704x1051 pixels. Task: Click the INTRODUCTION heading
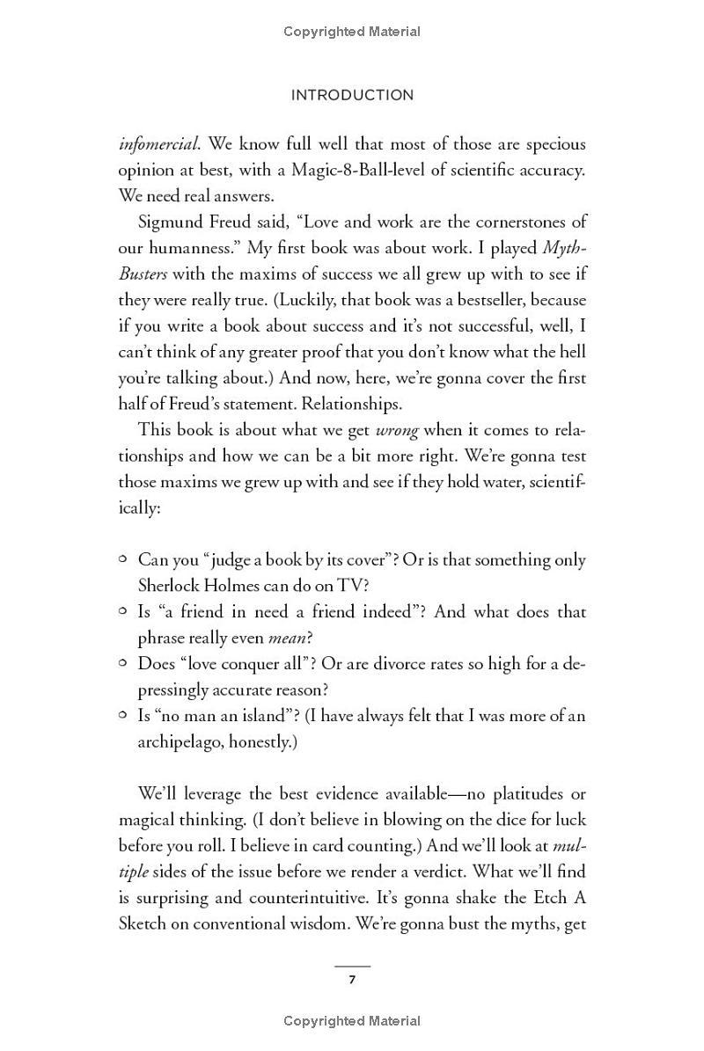pyautogui.click(x=352, y=95)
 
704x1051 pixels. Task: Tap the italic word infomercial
pyautogui.click(x=158, y=143)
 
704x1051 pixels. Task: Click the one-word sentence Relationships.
pyautogui.click(x=354, y=404)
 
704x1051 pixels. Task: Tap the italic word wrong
pyautogui.click(x=395, y=430)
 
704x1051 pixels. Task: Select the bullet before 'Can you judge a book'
pyautogui.click(x=124, y=559)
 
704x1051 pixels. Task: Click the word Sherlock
pyautogui.click(x=172, y=586)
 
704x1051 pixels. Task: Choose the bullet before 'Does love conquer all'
pyautogui.click(x=124, y=663)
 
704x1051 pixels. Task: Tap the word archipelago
pyautogui.click(x=180, y=741)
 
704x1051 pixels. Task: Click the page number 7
pyautogui.click(x=352, y=980)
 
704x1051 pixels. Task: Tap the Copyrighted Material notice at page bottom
pyautogui.click(x=352, y=1021)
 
